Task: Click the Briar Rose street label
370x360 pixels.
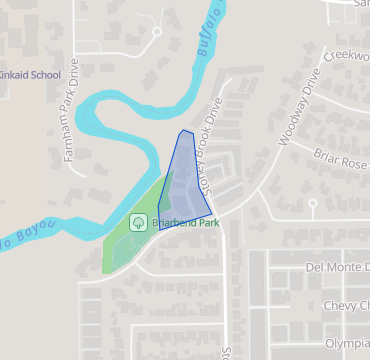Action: [340, 159]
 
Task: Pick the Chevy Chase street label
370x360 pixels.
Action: [345, 305]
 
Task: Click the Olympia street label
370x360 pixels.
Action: [347, 343]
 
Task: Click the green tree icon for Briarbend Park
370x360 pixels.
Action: [138, 223]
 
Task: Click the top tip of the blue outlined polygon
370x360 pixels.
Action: [181, 130]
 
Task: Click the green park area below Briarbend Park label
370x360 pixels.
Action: [125, 250]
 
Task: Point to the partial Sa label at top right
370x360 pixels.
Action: [361, 4]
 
